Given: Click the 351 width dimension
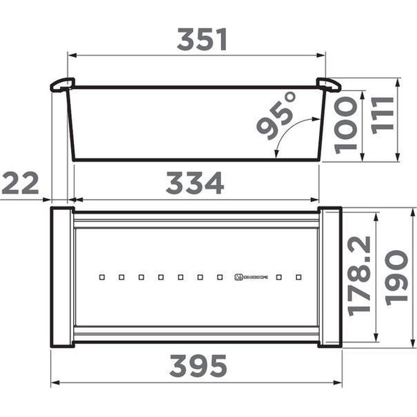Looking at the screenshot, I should tap(201, 40).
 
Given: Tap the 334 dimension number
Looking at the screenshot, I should tap(194, 183).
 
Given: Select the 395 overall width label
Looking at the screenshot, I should tap(198, 364).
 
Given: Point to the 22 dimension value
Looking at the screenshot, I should tap(20, 183).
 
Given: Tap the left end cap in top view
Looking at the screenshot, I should tap(61, 276).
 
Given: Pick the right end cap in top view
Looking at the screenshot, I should tap(330, 276).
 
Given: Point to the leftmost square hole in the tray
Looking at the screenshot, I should tap(102, 277).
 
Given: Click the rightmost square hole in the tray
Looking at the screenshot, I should tap(298, 277).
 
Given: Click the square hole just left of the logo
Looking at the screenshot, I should tap(219, 277).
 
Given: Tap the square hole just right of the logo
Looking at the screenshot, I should tap(279, 277).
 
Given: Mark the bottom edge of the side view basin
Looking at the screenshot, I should tap(196, 160).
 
